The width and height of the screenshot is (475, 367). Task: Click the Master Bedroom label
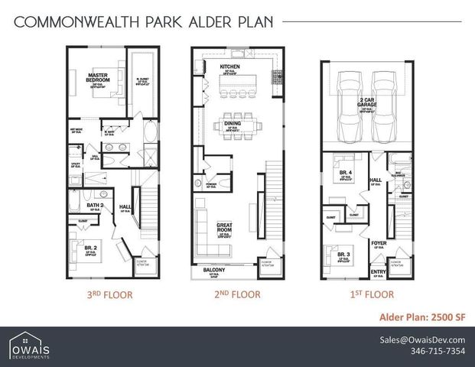tap(96, 76)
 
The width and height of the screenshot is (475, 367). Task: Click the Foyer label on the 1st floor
tap(378, 244)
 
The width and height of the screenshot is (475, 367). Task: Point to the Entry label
tap(378, 271)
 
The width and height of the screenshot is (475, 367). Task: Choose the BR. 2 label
tap(91, 248)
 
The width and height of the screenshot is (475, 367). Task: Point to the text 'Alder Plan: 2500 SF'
tap(422, 317)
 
